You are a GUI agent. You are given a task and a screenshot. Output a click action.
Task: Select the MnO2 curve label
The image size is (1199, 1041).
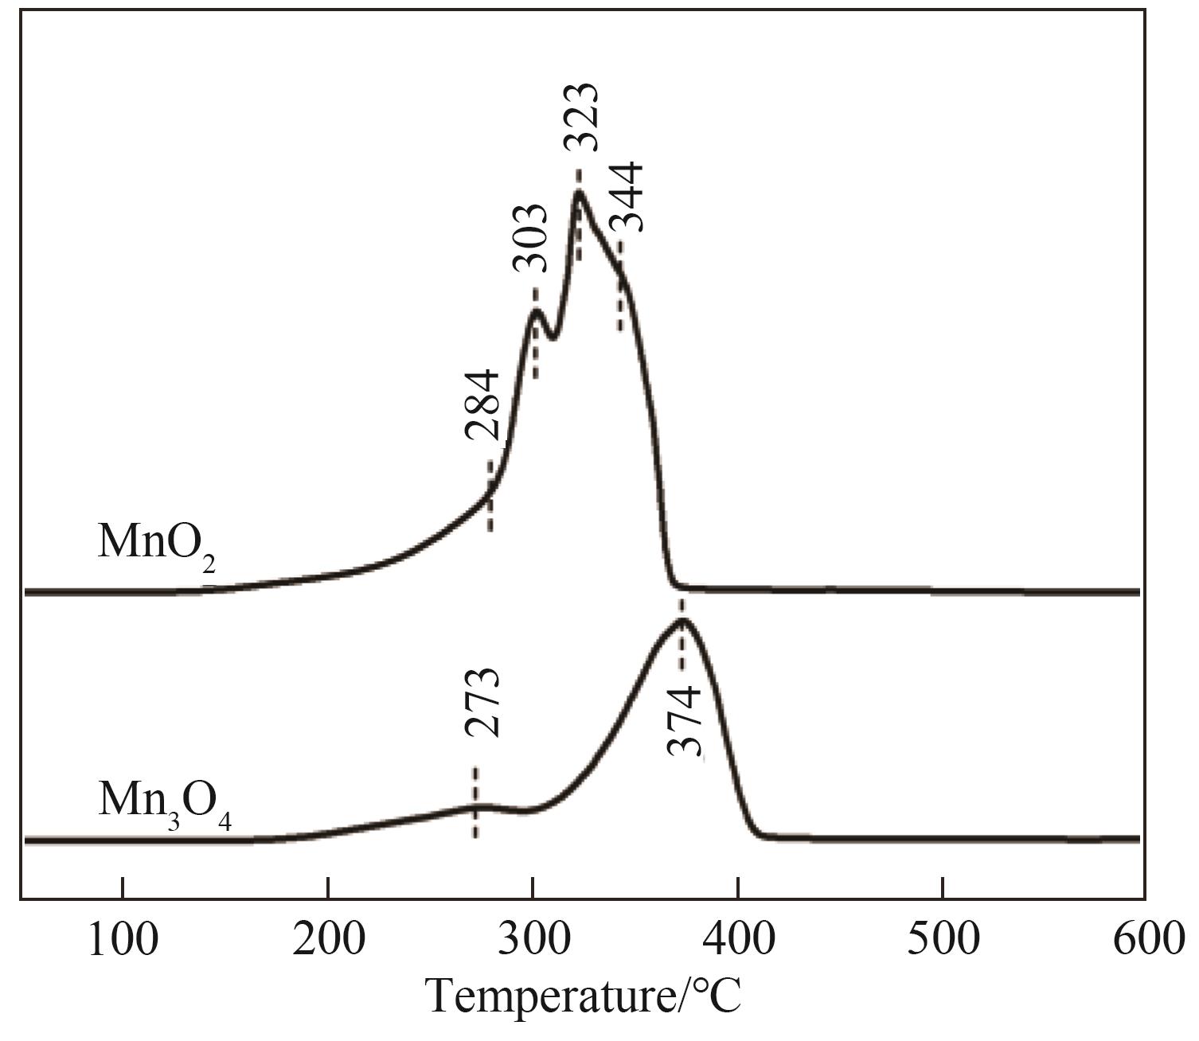click(157, 543)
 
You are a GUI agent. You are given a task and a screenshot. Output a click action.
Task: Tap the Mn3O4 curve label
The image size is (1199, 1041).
click(165, 801)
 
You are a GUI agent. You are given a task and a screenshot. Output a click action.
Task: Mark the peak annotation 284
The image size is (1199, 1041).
click(482, 405)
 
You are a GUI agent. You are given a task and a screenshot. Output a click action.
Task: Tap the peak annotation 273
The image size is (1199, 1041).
click(482, 704)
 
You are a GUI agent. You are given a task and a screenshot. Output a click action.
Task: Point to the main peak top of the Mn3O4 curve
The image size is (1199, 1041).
click(682, 621)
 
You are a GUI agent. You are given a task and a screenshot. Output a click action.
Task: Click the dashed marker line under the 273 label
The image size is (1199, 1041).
click(475, 802)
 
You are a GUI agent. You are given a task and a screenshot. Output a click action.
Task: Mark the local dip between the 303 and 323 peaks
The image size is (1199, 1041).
click(551, 337)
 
